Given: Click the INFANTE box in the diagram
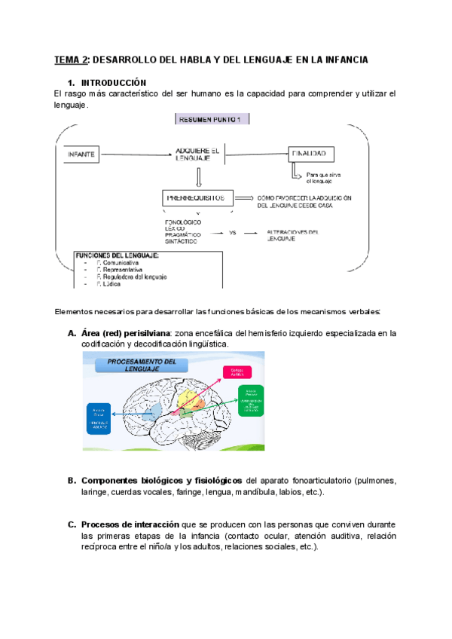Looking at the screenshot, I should point(82,154).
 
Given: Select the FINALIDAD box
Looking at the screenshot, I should point(310,154).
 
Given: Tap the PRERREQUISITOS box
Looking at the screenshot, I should point(194,198).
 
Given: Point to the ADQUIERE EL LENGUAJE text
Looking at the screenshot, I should point(197,154).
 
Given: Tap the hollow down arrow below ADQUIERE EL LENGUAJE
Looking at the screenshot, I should point(197,178).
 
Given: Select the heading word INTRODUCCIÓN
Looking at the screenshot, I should point(114,82).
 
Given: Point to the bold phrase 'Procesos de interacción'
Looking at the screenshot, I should point(130,524).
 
